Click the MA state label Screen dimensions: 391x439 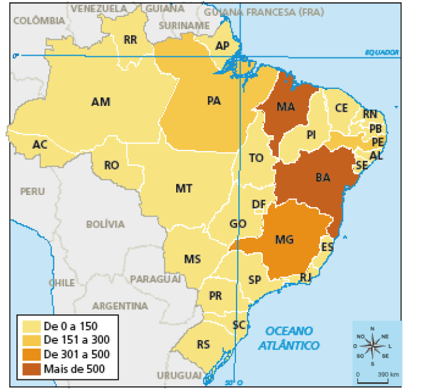coord(286,107)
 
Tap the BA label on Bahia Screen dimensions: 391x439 coord(323,177)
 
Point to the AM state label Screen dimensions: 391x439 coord(101,102)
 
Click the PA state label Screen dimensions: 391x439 coord(214,101)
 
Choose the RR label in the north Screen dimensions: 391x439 coord(130,40)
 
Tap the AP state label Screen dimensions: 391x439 coord(222,46)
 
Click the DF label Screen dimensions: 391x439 coord(259,204)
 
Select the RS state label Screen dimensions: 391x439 coord(203,345)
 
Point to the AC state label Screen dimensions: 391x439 coord(40,145)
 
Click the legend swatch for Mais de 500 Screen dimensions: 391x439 coord(32,369)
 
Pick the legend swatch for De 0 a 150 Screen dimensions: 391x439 coord(32,325)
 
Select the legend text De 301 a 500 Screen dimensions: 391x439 coord(77,354)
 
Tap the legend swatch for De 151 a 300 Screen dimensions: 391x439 coord(32,339)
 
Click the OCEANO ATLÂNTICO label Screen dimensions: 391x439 coord(290,338)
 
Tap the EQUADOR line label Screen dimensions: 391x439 coord(382,52)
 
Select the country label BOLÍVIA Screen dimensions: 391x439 coord(105,224)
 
